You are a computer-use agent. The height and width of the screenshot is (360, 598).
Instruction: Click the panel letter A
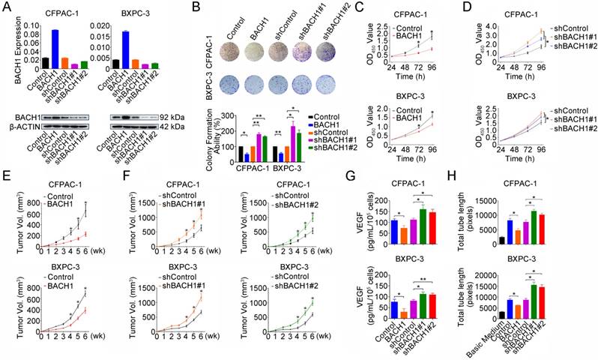pos(6,7)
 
